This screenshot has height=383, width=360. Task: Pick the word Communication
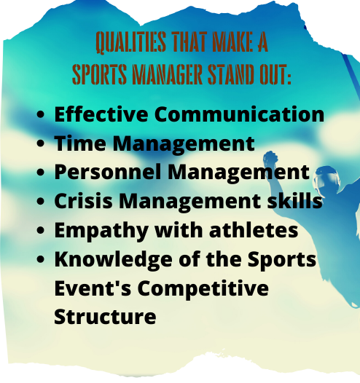[x=234, y=114]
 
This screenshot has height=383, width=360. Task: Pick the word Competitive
[x=203, y=288]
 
